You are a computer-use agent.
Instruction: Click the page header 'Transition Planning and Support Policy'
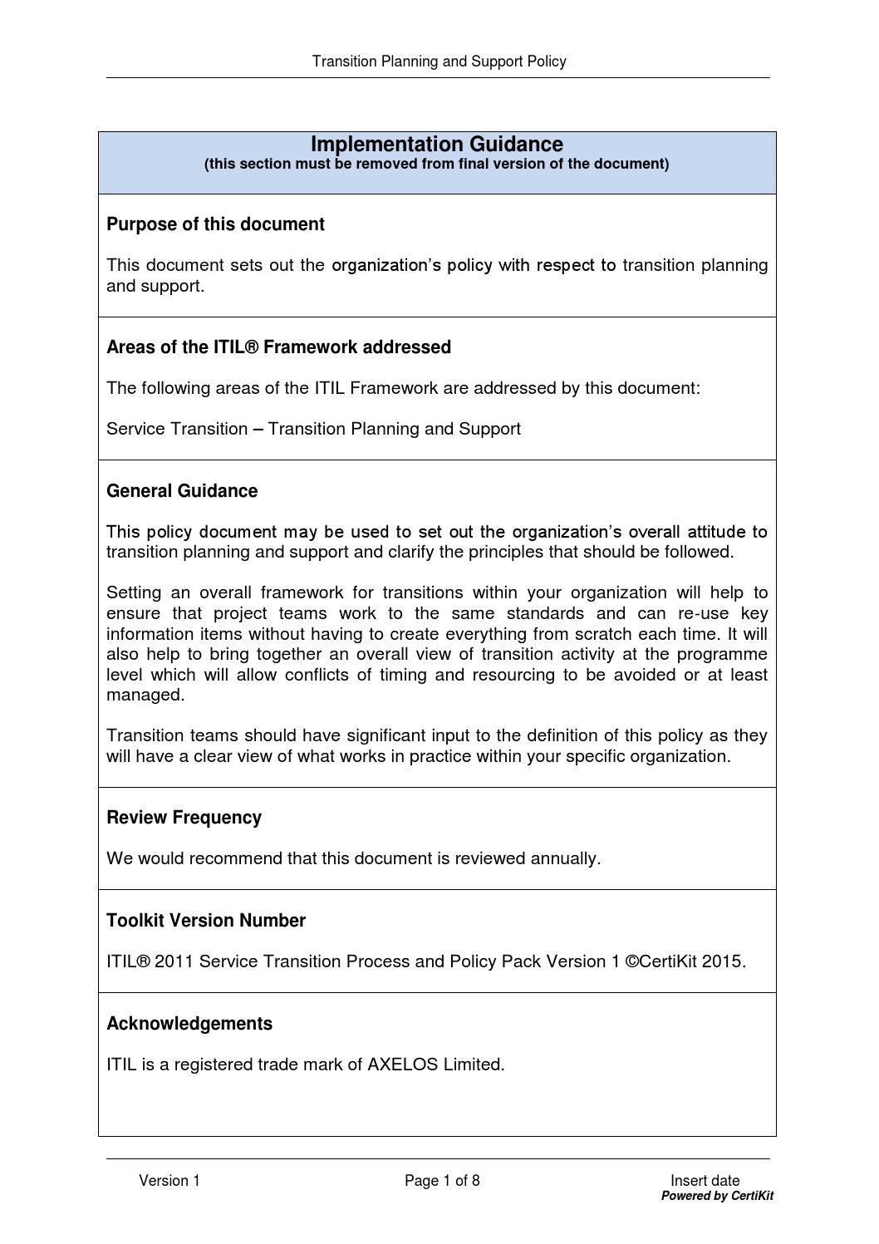[439, 61]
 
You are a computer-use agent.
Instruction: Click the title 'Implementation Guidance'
[437, 145]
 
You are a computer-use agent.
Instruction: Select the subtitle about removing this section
[436, 164]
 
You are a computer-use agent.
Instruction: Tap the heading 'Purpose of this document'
[215, 224]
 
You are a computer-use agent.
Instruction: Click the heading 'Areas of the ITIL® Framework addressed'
[278, 347]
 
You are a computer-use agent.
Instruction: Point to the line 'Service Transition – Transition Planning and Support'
[313, 429]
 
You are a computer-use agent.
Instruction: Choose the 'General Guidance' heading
[182, 491]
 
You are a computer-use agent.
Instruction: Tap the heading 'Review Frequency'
[184, 818]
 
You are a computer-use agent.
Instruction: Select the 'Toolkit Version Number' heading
[206, 921]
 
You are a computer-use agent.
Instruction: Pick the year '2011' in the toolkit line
[173, 961]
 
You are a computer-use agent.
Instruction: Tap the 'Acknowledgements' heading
[189, 1024]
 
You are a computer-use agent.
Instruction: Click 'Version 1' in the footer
[169, 1181]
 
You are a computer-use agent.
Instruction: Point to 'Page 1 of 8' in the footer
[442, 1181]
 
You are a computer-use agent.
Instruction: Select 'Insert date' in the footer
[705, 1181]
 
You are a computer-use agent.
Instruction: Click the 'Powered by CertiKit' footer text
[717, 1196]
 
